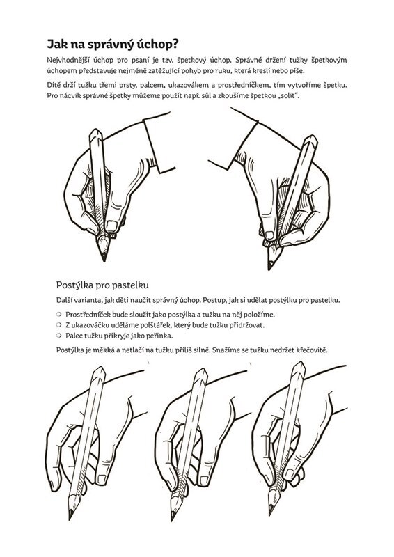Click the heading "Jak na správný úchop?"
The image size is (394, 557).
coord(113,45)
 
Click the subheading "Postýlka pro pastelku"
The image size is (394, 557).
coord(102,285)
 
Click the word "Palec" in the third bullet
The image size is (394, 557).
coord(73,336)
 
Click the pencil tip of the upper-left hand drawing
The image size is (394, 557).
coord(104,260)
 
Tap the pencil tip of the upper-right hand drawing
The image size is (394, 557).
coord(269,268)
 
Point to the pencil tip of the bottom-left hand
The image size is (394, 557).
coord(70,518)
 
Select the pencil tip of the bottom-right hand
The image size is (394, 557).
coord(270,513)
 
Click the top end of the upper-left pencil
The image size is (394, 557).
coord(95,130)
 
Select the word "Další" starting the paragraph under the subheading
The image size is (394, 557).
coord(63,300)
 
